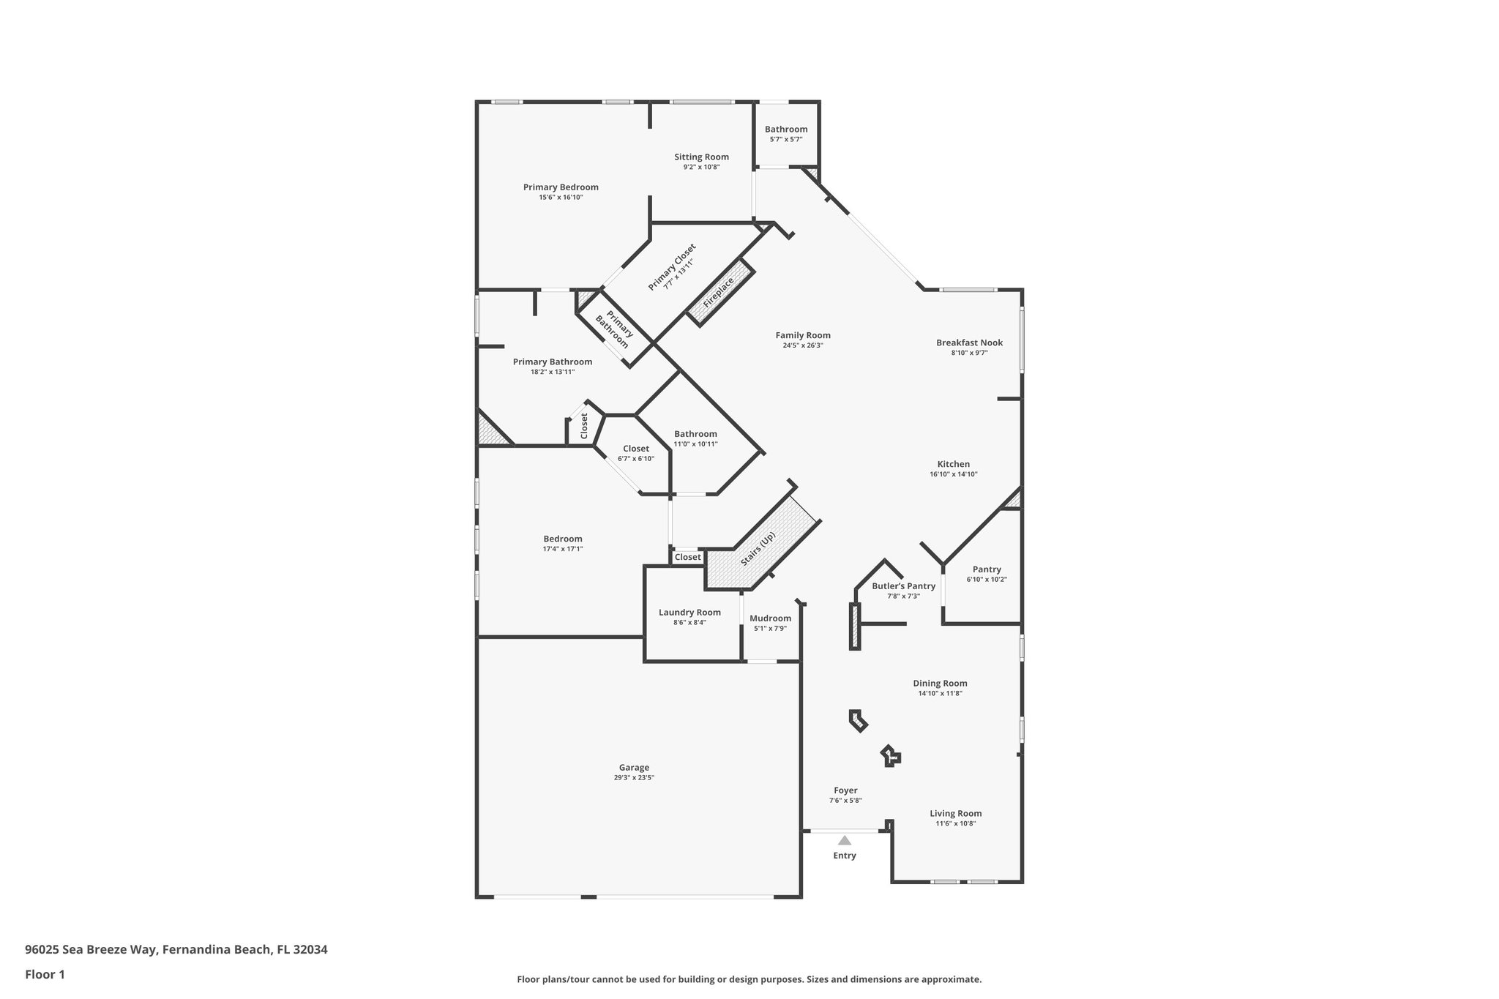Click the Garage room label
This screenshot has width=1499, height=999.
click(634, 768)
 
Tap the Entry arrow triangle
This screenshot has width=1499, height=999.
click(845, 840)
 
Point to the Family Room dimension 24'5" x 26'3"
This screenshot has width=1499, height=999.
click(803, 345)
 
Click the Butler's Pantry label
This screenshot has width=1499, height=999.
click(903, 586)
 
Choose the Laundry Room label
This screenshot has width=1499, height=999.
click(689, 613)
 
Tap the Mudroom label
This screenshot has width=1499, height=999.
click(770, 618)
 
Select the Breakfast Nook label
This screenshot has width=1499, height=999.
click(969, 343)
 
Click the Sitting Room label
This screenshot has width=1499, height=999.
click(701, 157)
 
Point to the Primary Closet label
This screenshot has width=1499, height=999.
click(672, 267)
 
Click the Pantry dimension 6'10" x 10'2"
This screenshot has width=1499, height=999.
click(987, 580)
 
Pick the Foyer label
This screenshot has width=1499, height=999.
click(845, 790)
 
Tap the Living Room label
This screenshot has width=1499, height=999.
click(955, 813)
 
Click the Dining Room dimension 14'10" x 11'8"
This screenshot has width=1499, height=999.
click(940, 693)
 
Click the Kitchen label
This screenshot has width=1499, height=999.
click(953, 464)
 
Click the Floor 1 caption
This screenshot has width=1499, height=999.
click(45, 974)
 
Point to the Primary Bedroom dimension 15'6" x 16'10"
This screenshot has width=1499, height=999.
click(561, 197)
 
